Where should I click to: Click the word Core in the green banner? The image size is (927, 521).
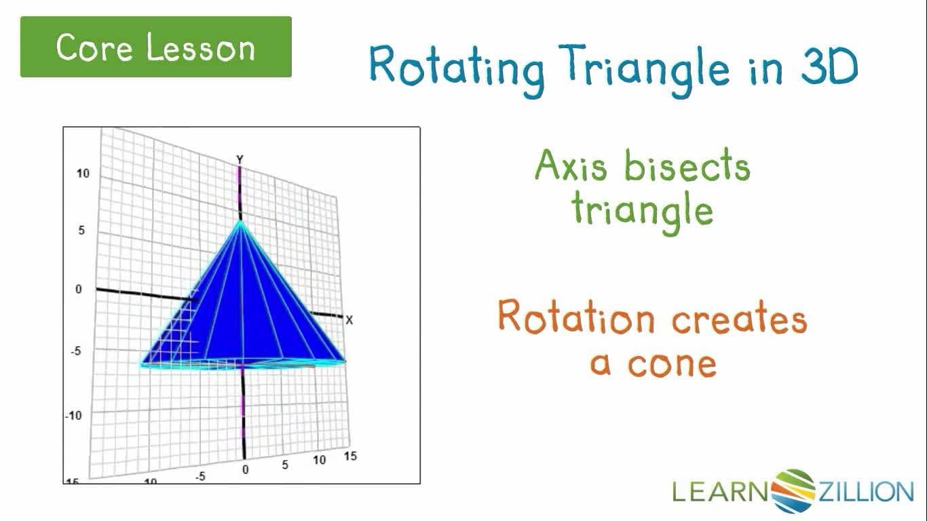click(96, 47)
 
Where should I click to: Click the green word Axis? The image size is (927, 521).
click(571, 166)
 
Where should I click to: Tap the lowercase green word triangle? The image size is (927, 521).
click(642, 210)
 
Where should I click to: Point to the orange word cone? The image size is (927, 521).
click(672, 364)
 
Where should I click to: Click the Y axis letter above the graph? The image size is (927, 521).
click(240, 159)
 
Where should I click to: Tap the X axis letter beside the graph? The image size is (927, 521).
click(349, 320)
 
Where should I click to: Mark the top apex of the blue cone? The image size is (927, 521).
click(240, 221)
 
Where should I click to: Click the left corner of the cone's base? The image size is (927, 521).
click(142, 364)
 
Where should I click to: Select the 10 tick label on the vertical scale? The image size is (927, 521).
click(82, 174)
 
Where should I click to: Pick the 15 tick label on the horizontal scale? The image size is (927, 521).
click(350, 457)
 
